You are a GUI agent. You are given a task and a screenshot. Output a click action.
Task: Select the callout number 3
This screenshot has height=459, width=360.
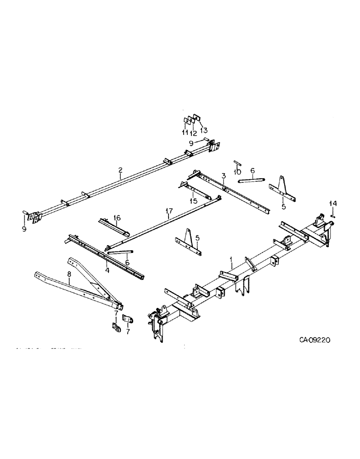[223, 176]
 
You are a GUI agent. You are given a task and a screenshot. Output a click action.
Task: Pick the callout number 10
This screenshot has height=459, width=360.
[237, 172]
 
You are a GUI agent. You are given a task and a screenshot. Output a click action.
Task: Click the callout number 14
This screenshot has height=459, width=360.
[334, 203]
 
